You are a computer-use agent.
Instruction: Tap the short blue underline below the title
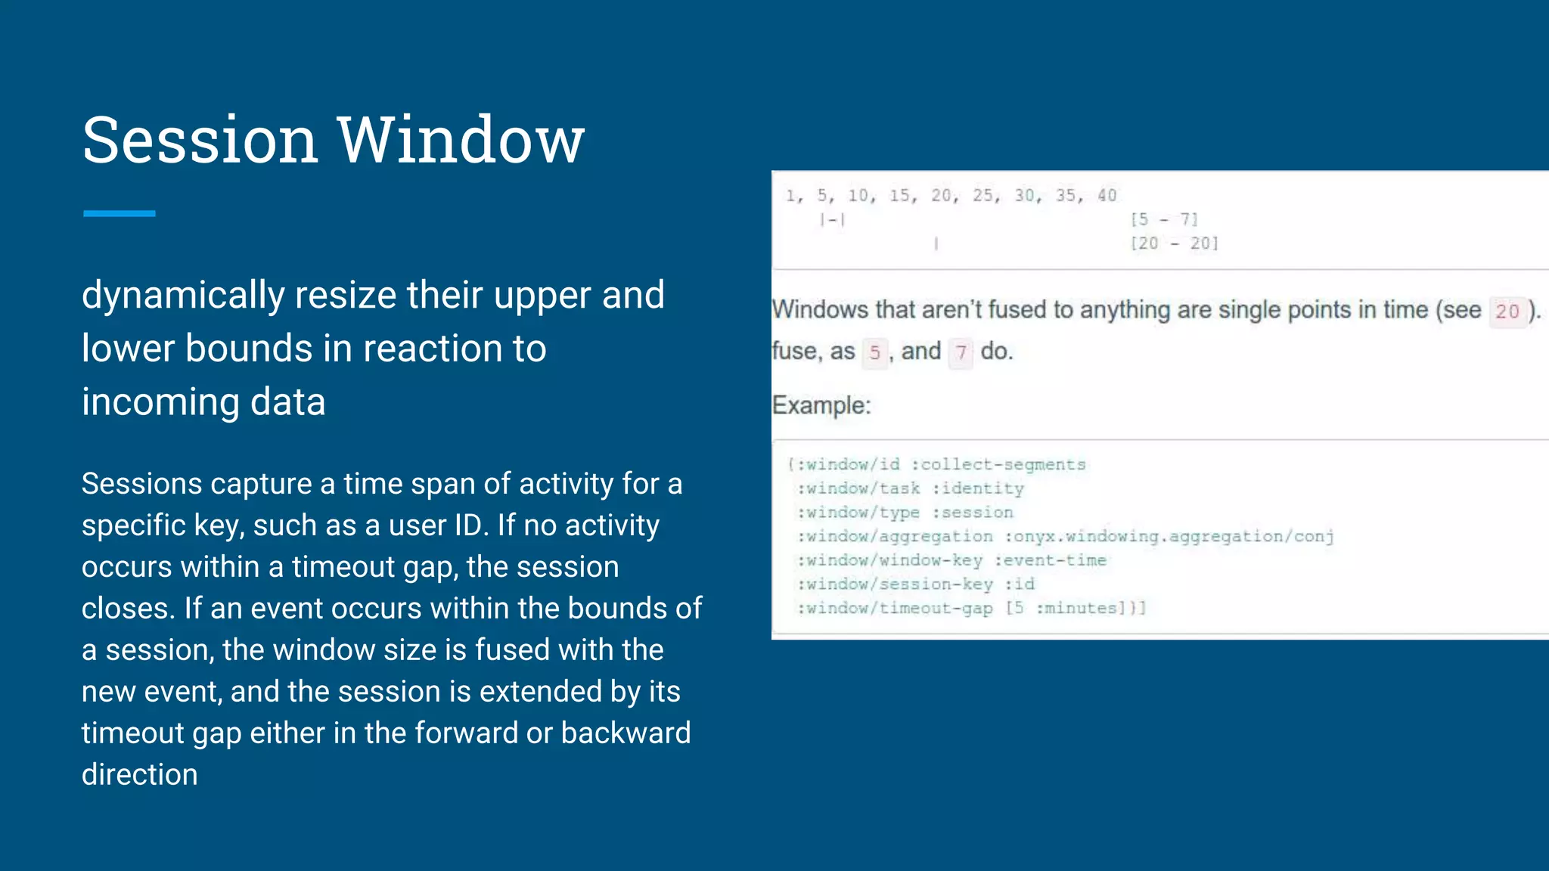click(119, 214)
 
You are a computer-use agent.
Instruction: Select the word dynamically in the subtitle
click(182, 296)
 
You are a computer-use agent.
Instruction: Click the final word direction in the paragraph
click(139, 774)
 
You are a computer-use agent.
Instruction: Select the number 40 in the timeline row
click(1107, 196)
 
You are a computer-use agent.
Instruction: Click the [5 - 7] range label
click(1164, 219)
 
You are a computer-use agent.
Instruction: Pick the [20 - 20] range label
click(1174, 243)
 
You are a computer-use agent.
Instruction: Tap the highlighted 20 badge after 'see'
click(1507, 311)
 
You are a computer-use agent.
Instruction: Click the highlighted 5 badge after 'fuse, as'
click(874, 352)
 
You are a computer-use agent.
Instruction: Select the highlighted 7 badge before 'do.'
click(961, 352)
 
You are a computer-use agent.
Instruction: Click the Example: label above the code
click(821, 405)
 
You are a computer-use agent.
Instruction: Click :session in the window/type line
click(972, 513)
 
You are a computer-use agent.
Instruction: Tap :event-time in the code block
click(1050, 560)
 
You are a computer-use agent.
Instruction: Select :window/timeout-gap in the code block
click(895, 608)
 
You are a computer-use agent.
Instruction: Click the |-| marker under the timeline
click(832, 220)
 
